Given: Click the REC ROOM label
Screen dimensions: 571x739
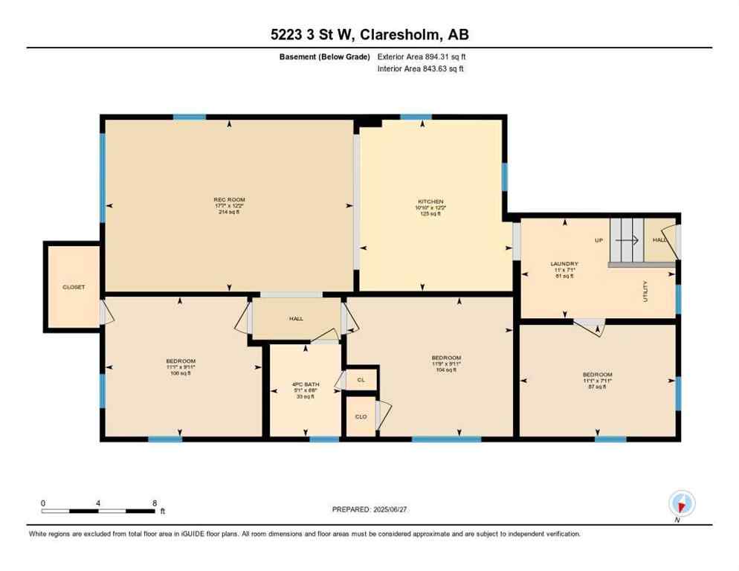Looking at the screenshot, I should point(229,199).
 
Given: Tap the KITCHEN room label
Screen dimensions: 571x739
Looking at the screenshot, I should point(430,201).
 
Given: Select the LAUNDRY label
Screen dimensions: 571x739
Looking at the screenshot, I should point(564,264).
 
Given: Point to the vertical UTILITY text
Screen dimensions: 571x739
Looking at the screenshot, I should point(645,289).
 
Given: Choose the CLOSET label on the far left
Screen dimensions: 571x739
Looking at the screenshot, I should point(74,287).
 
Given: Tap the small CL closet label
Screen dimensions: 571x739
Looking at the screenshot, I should point(361,379).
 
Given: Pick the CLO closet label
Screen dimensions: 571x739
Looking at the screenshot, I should point(361,417).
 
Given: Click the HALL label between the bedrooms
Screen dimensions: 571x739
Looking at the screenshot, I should point(296,318).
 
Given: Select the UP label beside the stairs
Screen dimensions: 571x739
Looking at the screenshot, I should point(598,240).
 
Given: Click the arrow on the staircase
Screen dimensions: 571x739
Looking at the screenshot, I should point(629,240).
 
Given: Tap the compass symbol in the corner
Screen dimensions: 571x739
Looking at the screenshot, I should point(681,503).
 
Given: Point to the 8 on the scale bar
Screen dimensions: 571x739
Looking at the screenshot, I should point(153,503).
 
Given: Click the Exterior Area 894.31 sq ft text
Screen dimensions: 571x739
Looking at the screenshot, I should point(422,57).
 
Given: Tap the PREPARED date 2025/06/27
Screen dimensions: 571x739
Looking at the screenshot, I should point(369,509).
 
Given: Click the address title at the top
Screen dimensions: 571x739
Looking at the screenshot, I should point(369,34).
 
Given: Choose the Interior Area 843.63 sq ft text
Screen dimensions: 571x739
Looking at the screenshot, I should point(422,69).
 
